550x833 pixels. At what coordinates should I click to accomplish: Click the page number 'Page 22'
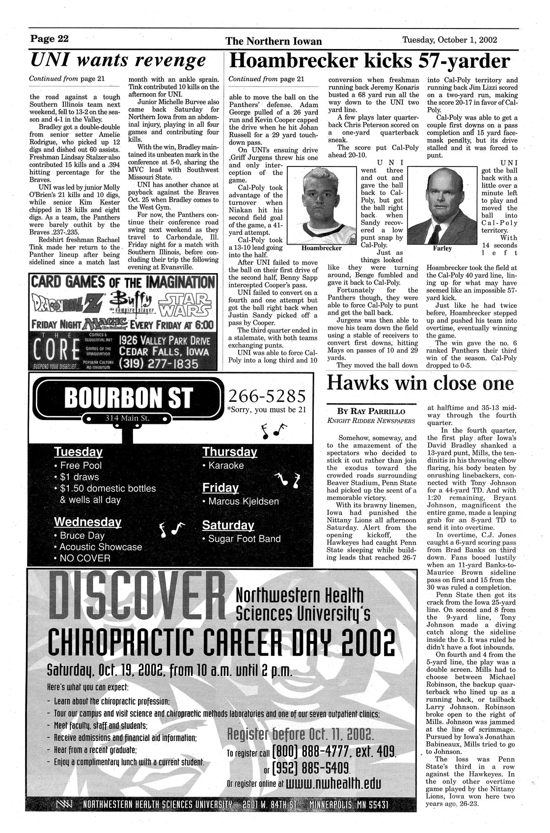[x=50, y=39]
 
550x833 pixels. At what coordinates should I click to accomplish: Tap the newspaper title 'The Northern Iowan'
[x=274, y=41]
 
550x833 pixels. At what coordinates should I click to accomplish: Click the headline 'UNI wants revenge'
[x=118, y=60]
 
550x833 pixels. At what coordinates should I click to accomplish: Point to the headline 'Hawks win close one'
[x=420, y=383]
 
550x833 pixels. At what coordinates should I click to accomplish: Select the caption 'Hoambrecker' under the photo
[x=322, y=249]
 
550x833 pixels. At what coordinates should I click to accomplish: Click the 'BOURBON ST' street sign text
[x=129, y=398]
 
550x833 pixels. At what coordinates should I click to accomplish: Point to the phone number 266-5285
[x=267, y=395]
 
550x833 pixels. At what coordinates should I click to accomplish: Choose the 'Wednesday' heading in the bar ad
[x=88, y=522]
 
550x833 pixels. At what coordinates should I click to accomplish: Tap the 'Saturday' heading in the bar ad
[x=228, y=525]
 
